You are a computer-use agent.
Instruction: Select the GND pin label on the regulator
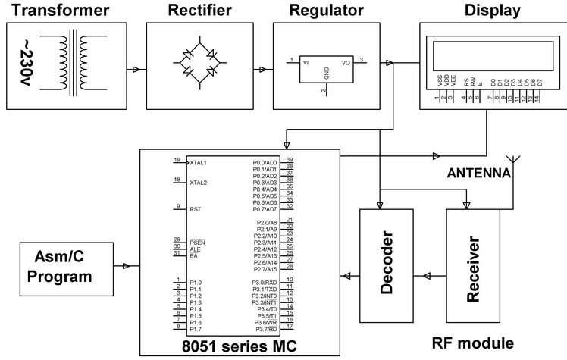click(x=327, y=73)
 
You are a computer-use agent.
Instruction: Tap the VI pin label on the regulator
click(x=306, y=64)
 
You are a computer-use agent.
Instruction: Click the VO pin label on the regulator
click(x=346, y=64)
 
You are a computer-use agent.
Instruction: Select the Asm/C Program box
click(x=59, y=266)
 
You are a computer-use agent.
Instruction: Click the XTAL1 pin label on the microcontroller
click(x=199, y=162)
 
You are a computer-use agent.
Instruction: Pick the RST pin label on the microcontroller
click(x=194, y=208)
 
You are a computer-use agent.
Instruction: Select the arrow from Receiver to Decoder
click(x=429, y=275)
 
